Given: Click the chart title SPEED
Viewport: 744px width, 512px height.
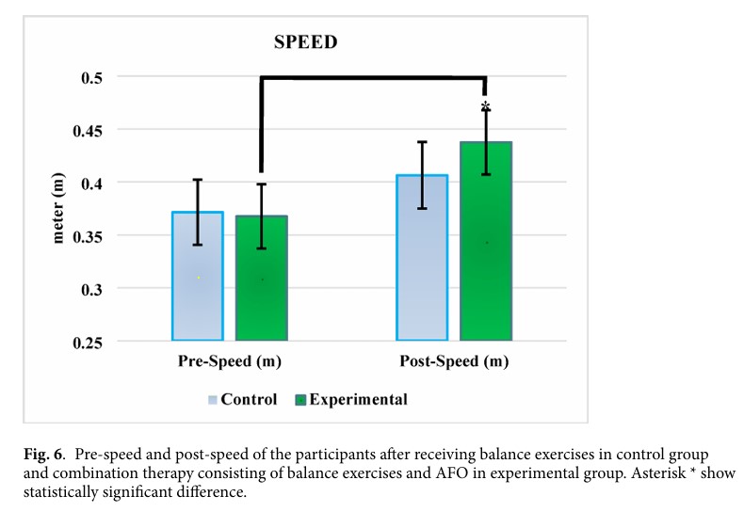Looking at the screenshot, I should tap(306, 42).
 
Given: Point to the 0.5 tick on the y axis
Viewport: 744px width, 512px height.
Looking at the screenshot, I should tap(90, 76).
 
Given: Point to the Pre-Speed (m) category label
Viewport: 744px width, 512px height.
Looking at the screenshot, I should tap(230, 361).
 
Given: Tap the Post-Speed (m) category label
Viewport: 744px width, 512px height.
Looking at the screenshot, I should tap(454, 361).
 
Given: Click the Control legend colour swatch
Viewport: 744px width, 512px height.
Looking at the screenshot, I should tap(213, 400).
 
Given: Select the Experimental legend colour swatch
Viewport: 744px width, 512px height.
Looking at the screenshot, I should tap(300, 400).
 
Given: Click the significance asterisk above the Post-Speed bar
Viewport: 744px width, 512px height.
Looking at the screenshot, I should tap(486, 105).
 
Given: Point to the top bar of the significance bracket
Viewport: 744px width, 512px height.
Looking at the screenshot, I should tap(373, 78).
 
